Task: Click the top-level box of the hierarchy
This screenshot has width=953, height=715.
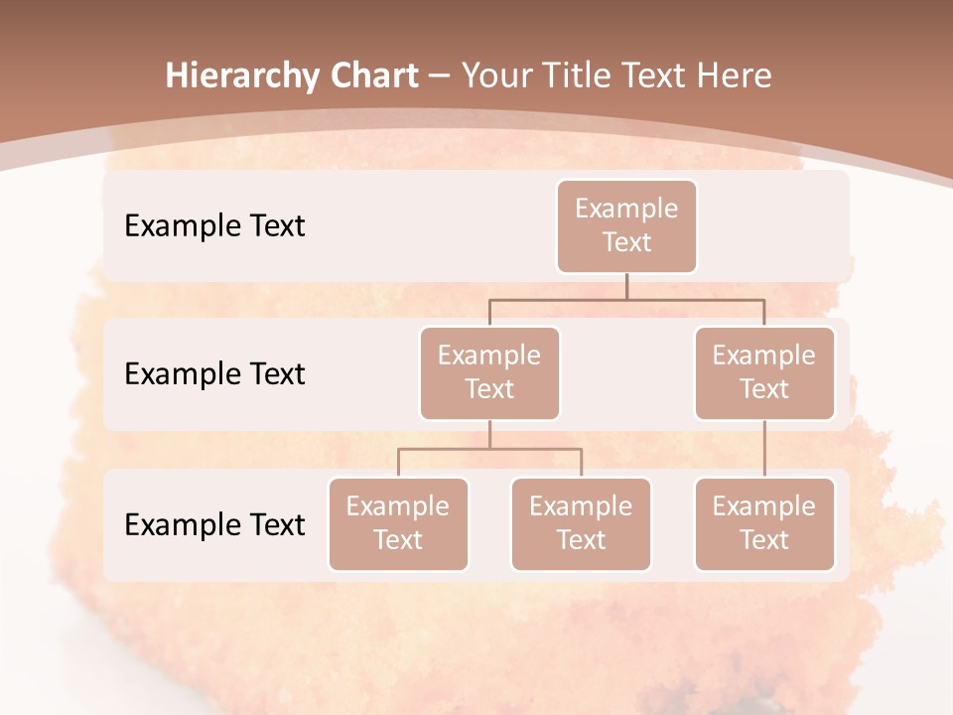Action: click(626, 225)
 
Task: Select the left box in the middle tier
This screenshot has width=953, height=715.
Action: click(489, 372)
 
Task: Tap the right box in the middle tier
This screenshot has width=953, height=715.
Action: click(764, 372)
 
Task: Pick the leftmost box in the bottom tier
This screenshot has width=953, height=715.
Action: click(398, 523)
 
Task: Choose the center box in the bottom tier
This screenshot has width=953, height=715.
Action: click(581, 523)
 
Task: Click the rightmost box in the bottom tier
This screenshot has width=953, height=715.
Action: click(764, 523)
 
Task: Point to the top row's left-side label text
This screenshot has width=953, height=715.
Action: click(214, 225)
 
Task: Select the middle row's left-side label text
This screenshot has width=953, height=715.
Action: click(214, 373)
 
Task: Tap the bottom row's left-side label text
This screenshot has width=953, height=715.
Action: click(214, 524)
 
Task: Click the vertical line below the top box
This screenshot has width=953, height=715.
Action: click(626, 286)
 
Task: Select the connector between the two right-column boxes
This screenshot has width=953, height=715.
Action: click(764, 449)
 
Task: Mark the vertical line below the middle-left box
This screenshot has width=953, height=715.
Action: click(489, 434)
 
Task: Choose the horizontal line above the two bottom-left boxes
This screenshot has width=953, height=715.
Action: click(489, 449)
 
